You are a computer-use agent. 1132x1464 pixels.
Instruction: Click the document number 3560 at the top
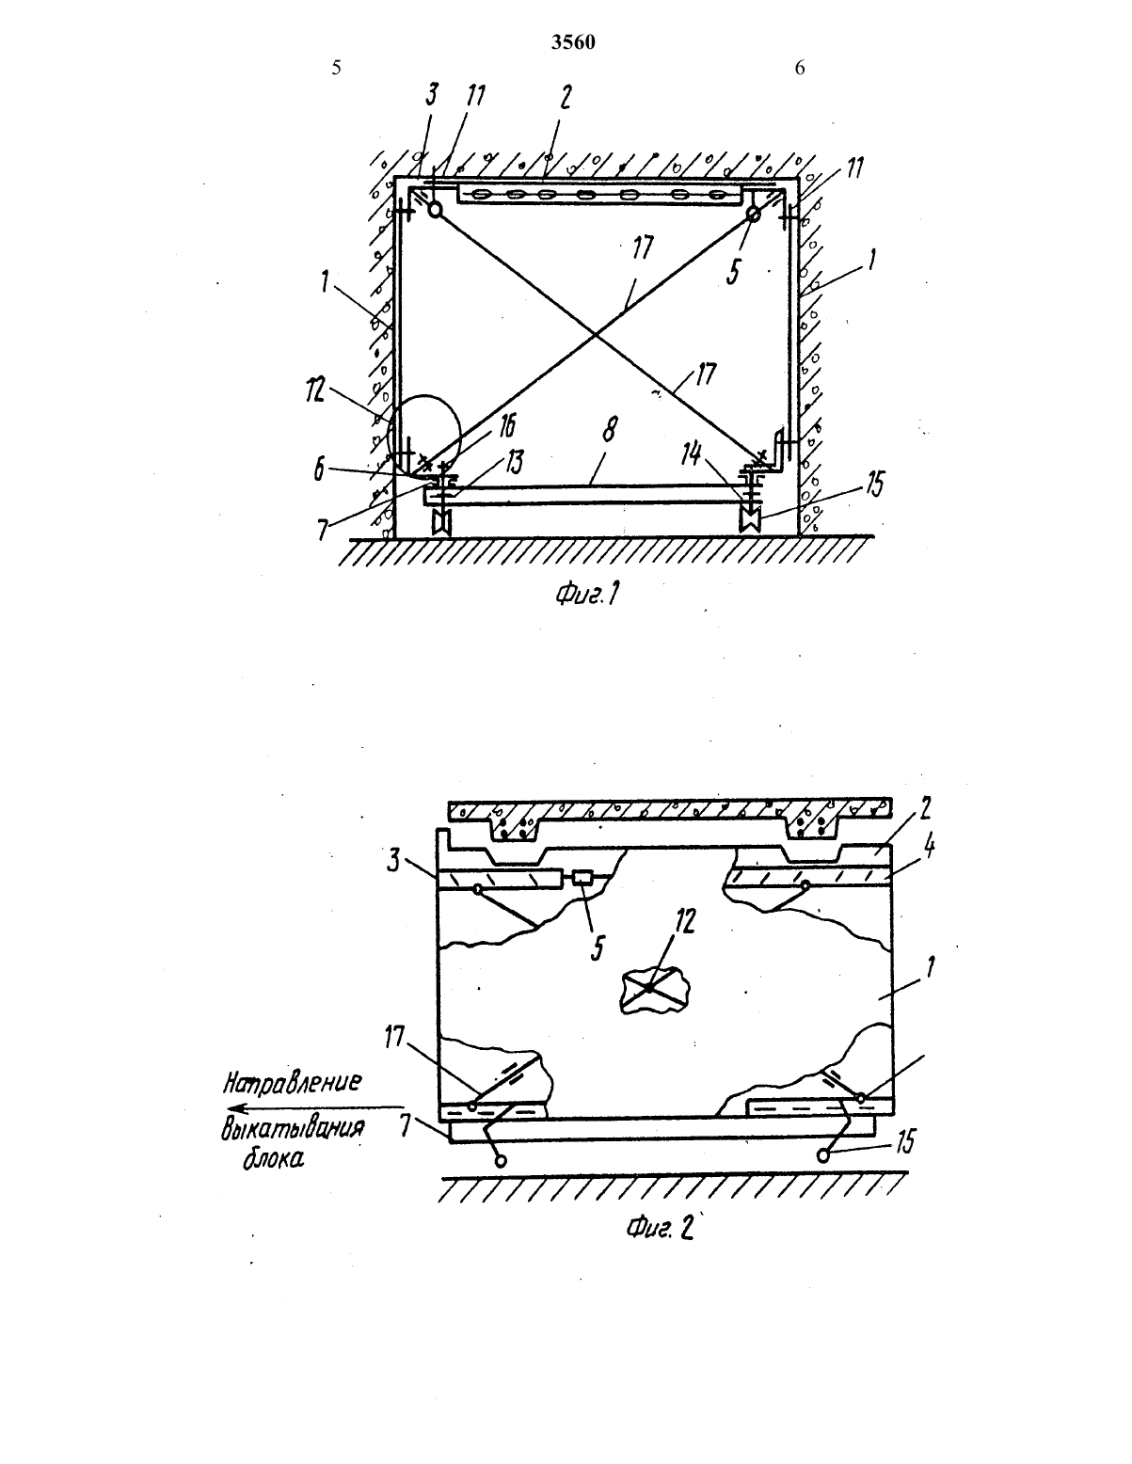(573, 42)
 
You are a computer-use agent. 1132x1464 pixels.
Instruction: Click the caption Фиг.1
(586, 595)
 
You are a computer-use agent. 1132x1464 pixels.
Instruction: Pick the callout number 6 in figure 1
(319, 470)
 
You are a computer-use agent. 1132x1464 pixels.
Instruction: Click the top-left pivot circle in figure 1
(436, 210)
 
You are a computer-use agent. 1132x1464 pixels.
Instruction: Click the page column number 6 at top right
(800, 68)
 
